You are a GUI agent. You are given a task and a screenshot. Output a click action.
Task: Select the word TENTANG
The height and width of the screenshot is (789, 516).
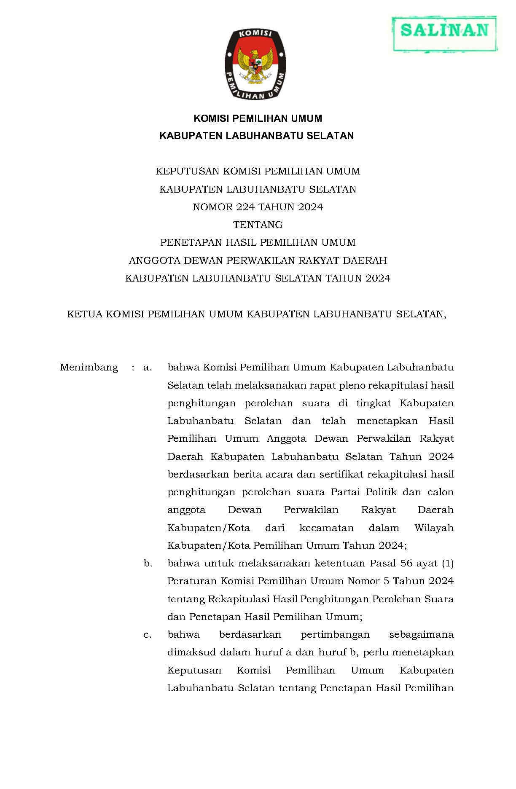[258, 225]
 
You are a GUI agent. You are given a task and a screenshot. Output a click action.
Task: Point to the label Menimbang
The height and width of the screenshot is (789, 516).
[89, 368]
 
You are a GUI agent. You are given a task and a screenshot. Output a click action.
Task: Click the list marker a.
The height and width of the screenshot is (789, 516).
[147, 368]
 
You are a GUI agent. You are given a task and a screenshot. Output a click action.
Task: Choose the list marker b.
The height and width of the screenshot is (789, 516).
[148, 563]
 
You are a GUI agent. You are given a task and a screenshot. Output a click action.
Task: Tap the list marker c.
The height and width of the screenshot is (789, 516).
[147, 634]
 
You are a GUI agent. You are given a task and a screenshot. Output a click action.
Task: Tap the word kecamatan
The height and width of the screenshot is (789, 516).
[326, 528]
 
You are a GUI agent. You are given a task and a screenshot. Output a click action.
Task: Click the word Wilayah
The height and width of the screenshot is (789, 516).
[434, 528]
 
